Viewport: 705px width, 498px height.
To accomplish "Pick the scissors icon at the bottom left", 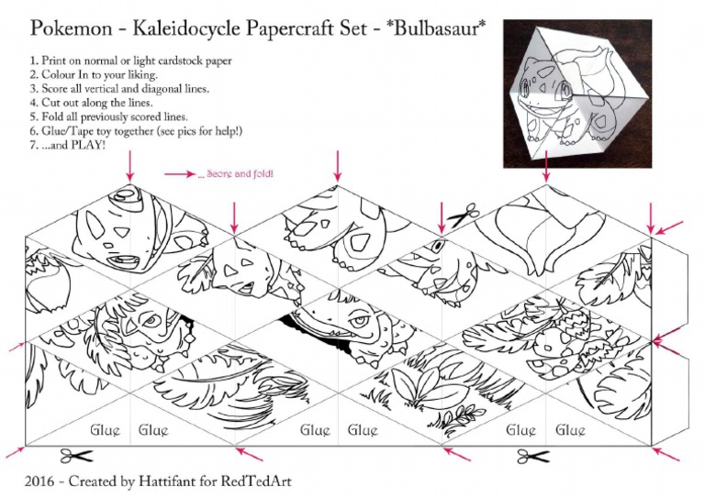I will pyautogui.click(x=78, y=456).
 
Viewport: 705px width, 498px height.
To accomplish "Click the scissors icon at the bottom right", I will pyautogui.click(x=532, y=456).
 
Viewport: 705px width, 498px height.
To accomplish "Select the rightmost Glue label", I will pyautogui.click(x=570, y=429).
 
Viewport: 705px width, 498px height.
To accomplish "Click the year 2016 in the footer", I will pyautogui.click(x=42, y=481).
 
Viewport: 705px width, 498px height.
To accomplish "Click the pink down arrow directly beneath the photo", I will pyautogui.click(x=547, y=165).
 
